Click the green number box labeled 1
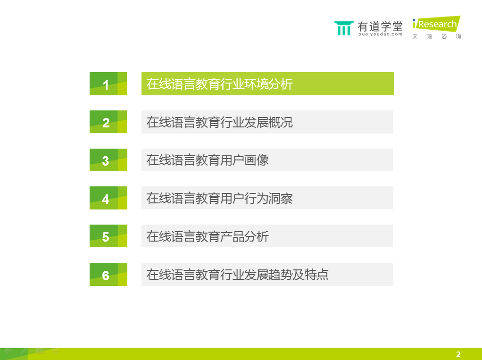pos(108,84)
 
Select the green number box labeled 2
pos(108,122)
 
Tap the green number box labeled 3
pos(108,160)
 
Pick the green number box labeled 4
pos(108,198)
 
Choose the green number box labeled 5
pos(108,236)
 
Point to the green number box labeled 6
pos(108,274)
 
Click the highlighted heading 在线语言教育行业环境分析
pos(219,84)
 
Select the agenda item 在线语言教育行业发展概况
pos(219,122)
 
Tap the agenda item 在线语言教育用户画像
pos(208,160)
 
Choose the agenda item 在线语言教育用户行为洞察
pos(219,198)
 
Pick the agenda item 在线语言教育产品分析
pos(208,236)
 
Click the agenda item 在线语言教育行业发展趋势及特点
pos(237,275)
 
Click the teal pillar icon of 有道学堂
pos(344,28)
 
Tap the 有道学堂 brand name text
pos(380,26)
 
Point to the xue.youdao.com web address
pos(381,34)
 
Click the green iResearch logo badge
pos(437,24)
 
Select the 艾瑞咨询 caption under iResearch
pos(437,37)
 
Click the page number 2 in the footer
pos(458,354)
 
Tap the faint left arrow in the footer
pos(8,351)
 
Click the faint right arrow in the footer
pos(56,351)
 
